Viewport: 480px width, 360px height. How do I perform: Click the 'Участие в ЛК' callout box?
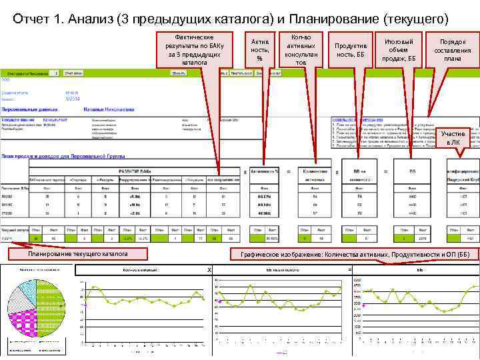(453, 138)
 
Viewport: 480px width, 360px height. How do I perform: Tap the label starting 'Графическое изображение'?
(355, 254)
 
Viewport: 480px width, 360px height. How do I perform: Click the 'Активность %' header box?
(266, 172)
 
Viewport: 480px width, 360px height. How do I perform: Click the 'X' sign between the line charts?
(209, 269)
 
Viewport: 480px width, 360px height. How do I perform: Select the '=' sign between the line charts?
(349, 269)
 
